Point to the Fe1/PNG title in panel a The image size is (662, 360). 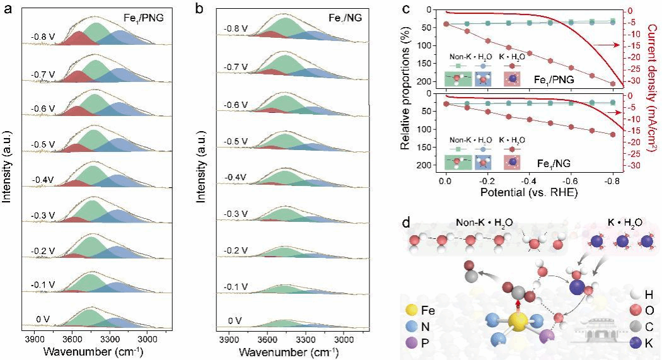pyautogui.click(x=144, y=18)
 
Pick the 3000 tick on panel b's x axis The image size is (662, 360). pyautogui.click(x=344, y=339)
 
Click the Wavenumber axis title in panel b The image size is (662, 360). pyautogui.click(x=287, y=351)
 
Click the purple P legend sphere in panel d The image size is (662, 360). pyautogui.click(x=413, y=344)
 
